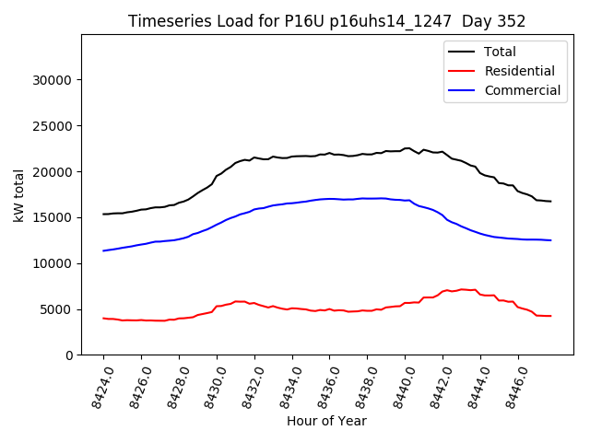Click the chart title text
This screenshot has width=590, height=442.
(x=326, y=21)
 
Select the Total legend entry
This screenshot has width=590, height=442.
(x=499, y=52)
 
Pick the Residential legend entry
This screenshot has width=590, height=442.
(x=519, y=71)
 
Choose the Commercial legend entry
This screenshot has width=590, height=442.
(x=522, y=90)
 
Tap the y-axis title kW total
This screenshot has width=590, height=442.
(x=18, y=195)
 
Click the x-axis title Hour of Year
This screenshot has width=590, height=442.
(x=326, y=421)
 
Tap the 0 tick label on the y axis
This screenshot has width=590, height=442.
(x=68, y=355)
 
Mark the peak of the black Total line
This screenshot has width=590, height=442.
(x=407, y=147)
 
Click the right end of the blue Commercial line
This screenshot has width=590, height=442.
(x=550, y=240)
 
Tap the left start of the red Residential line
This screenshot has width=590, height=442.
(x=103, y=319)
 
